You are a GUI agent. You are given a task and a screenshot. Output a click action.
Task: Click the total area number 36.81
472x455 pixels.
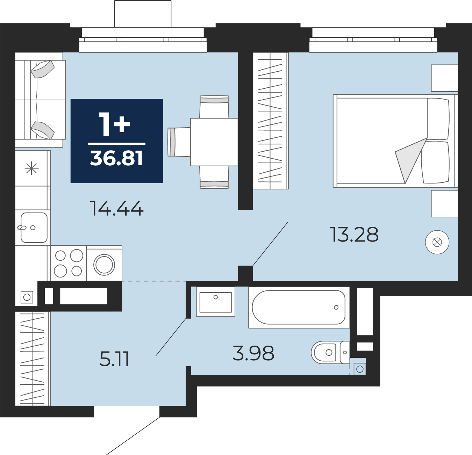(x=116, y=158)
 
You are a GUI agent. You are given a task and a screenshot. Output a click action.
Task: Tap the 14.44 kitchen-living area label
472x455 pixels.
(x=117, y=208)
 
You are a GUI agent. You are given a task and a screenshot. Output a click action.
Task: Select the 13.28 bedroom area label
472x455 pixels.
(x=354, y=234)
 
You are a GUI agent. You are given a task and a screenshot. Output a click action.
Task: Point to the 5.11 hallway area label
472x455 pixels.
(x=114, y=359)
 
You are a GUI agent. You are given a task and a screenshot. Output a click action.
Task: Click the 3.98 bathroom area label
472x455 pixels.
(x=253, y=353)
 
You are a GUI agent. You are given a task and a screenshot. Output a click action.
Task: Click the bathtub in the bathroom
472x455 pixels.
(x=299, y=308)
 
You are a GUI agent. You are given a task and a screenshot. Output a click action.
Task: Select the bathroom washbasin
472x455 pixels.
(x=215, y=301)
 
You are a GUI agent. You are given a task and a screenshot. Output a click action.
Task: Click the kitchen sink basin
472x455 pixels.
(x=34, y=228)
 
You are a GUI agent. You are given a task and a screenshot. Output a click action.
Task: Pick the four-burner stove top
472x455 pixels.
(x=69, y=263)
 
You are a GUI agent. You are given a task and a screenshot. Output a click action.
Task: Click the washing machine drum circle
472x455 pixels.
(x=104, y=265)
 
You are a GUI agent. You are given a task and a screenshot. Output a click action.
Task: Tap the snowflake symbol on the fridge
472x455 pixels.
(x=31, y=168)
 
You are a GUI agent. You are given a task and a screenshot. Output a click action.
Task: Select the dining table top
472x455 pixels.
(x=214, y=142)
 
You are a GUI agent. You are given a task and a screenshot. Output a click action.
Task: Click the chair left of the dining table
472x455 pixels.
(x=179, y=142)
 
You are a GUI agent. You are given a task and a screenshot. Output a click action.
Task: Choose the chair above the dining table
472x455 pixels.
(x=214, y=107)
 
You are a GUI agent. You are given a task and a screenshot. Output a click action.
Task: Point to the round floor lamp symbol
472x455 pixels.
(x=437, y=242)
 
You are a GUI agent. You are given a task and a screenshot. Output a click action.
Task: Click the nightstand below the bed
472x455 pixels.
(x=444, y=204)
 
